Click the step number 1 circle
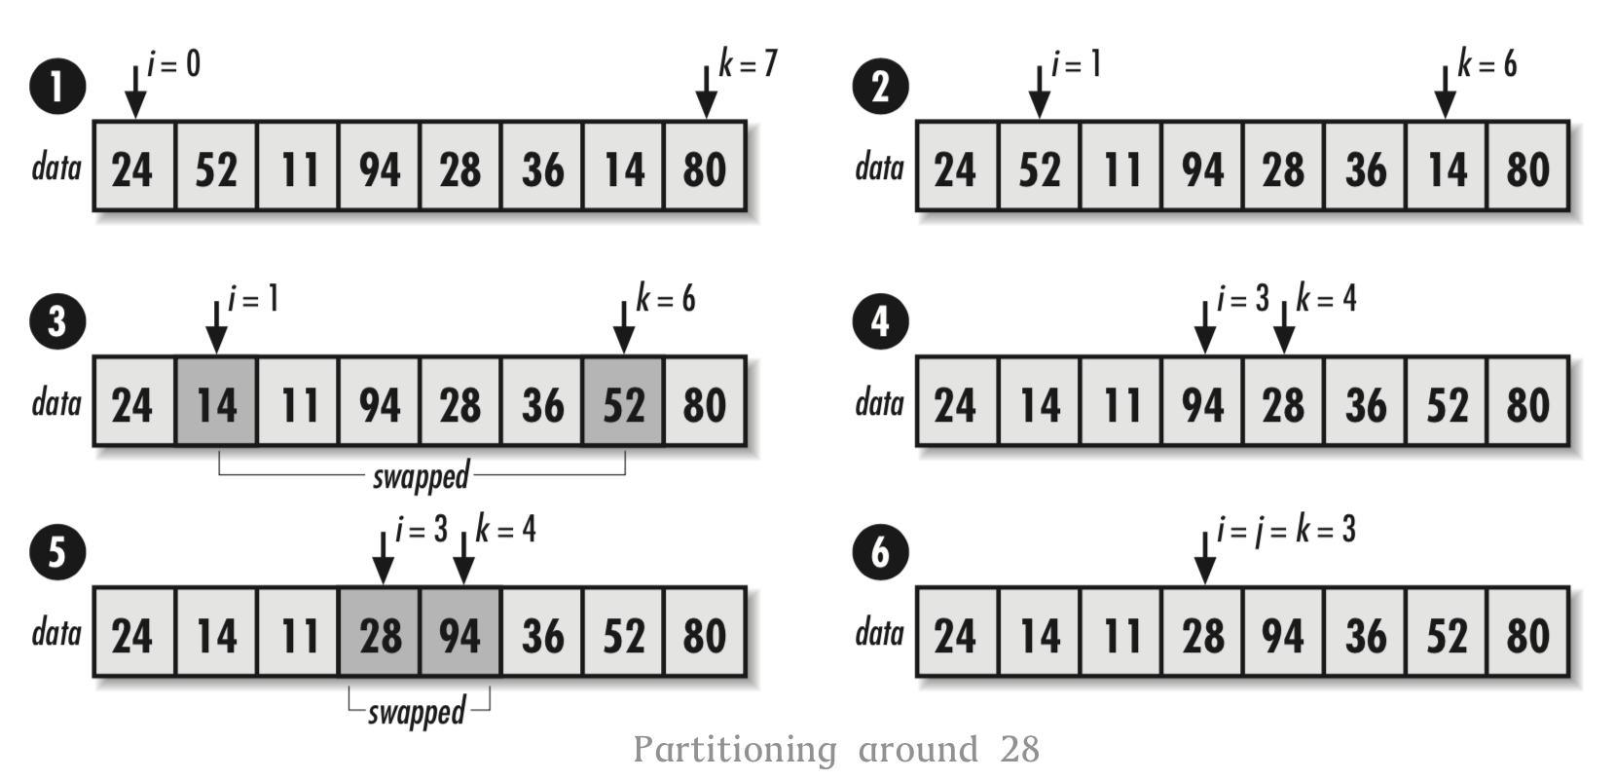click(x=57, y=86)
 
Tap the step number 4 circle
click(x=880, y=321)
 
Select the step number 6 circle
click(x=880, y=552)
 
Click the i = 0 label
click(x=174, y=64)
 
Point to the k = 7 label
click(x=748, y=63)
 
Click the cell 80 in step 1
click(x=705, y=167)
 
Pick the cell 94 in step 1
click(x=380, y=167)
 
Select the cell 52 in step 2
click(x=1040, y=167)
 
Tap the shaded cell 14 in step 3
click(x=216, y=403)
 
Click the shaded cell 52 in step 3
click(x=623, y=403)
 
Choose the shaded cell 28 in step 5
click(x=380, y=634)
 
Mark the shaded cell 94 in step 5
click(x=460, y=634)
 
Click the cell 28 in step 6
click(x=1203, y=634)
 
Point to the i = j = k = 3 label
click(x=1286, y=530)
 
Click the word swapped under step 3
click(x=421, y=476)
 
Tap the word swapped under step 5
click(x=417, y=712)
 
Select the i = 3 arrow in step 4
click(x=1205, y=327)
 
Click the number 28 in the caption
click(x=1019, y=750)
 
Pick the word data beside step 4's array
click(x=880, y=402)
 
